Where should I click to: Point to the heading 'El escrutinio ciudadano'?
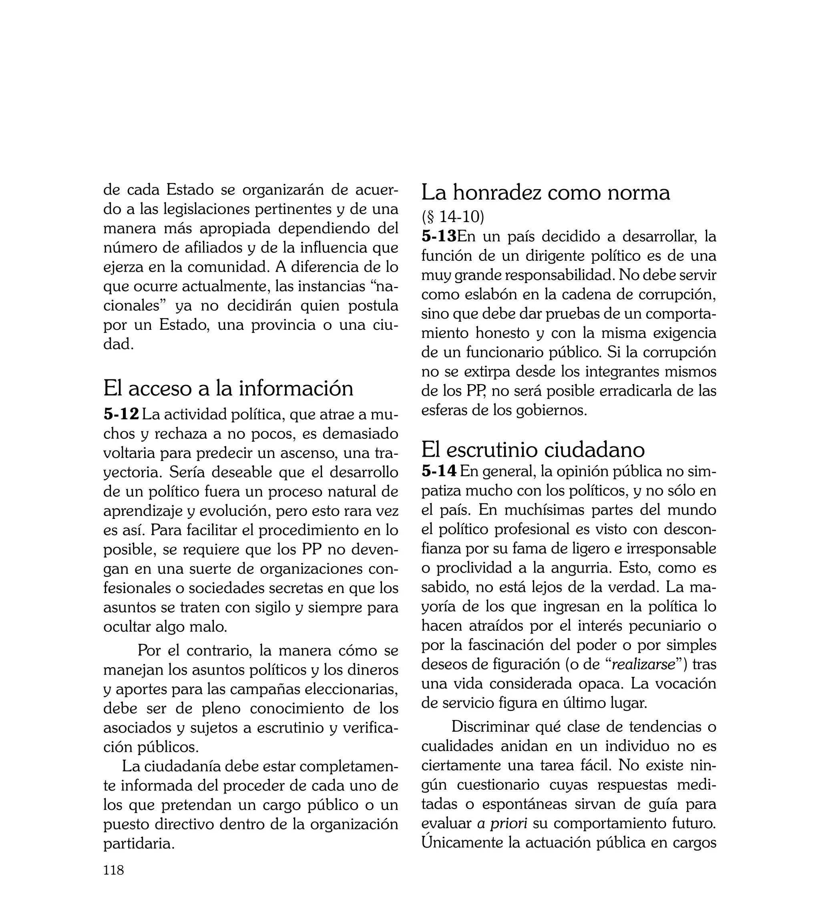[533, 449]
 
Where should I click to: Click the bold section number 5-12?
[121, 414]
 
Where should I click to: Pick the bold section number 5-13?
[439, 236]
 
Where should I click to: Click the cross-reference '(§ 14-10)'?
[452, 217]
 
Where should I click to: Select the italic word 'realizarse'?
[643, 664]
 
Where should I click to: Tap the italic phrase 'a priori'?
[502, 823]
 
